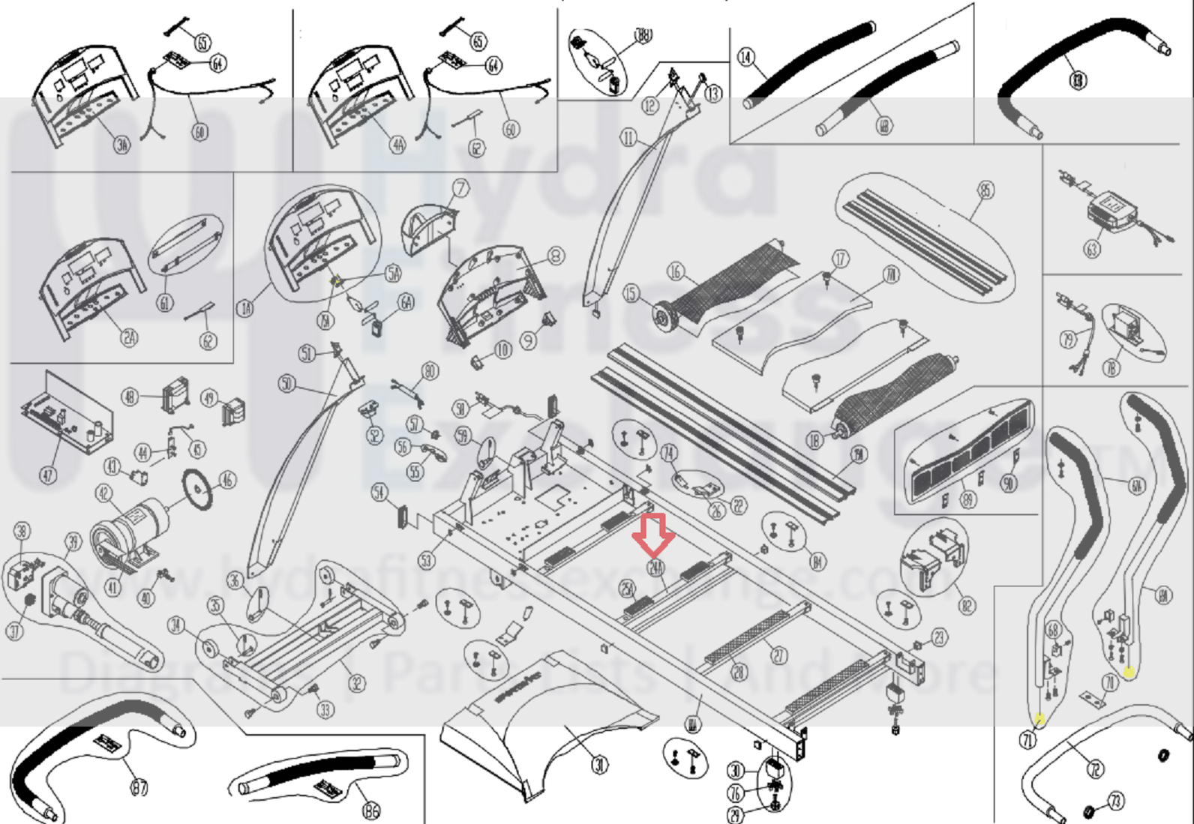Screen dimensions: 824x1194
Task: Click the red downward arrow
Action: tap(653, 535)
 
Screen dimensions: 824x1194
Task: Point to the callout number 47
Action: tap(48, 475)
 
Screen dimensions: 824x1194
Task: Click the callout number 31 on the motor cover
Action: tap(600, 765)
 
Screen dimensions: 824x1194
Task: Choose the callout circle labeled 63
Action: tap(1092, 248)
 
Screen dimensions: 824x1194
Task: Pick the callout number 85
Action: tap(985, 190)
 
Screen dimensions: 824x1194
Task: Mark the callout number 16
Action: tap(676, 271)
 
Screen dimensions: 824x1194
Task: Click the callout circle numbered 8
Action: tap(556, 257)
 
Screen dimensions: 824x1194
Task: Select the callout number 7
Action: tap(460, 188)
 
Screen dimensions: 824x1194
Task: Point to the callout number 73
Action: tap(1116, 801)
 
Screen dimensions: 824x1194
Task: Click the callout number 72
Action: tap(1096, 769)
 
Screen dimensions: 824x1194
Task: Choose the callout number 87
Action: tap(139, 787)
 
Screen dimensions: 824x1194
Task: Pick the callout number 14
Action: tap(745, 57)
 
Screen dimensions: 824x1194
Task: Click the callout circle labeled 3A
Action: tap(121, 144)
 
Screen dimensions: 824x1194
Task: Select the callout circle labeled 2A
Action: tap(129, 337)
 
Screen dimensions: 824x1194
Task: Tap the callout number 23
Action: tap(939, 637)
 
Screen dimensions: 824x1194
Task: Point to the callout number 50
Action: tap(286, 385)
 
